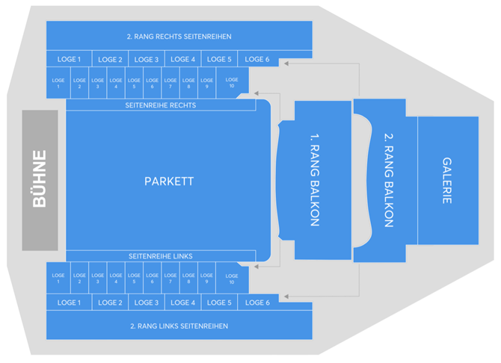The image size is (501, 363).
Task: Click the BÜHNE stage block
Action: coord(40,180)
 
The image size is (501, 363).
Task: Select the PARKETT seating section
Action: coord(168,181)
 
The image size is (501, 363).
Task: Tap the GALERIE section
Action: coord(446,180)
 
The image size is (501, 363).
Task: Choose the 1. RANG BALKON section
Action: coord(315,180)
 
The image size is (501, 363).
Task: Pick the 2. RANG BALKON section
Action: coord(387,180)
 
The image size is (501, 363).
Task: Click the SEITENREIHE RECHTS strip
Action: coord(160,105)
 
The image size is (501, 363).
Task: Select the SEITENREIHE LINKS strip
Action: coord(160,256)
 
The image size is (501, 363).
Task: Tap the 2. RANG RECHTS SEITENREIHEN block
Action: coord(179,36)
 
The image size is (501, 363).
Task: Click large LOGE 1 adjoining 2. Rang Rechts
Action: coord(69,59)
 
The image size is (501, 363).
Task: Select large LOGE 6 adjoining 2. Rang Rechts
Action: coord(256,59)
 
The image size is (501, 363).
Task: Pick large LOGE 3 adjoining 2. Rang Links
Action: coord(147,302)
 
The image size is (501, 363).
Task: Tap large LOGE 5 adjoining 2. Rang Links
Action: coord(219,302)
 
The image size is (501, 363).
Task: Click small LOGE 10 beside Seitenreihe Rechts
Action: coord(232,83)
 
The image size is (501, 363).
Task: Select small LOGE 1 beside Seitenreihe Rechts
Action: coord(58,83)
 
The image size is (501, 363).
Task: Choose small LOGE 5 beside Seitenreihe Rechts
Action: coord(134,83)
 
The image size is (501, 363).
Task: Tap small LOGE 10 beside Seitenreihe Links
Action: coord(232,279)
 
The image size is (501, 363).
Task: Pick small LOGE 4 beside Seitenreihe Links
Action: coord(116,279)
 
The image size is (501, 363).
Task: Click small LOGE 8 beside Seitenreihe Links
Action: coord(188,279)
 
